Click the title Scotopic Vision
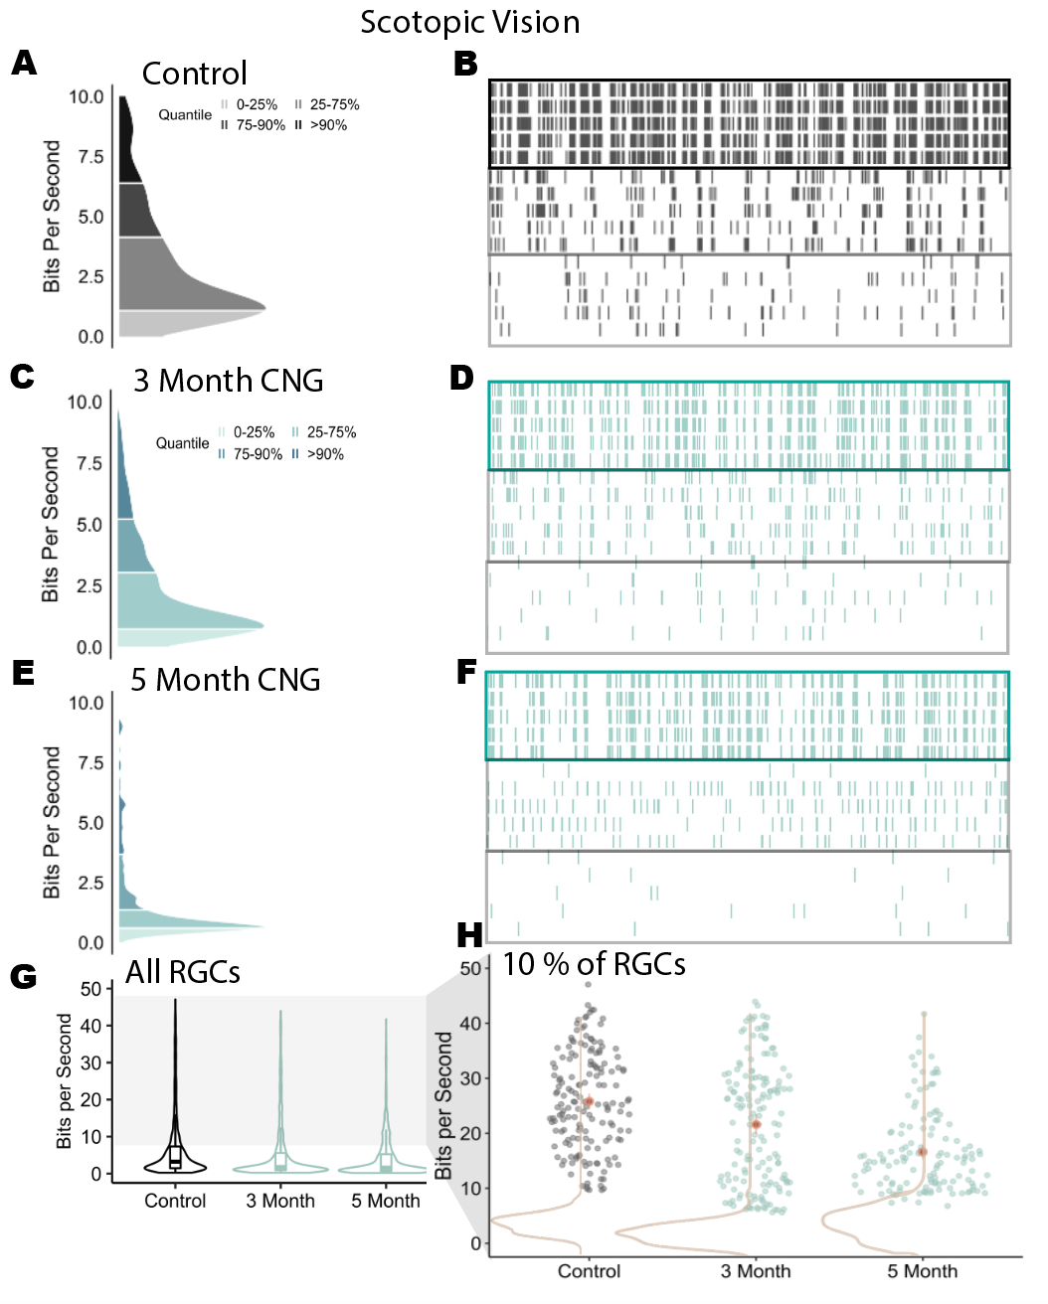(x=469, y=22)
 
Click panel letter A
(x=24, y=64)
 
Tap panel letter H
(x=469, y=935)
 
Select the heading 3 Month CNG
(x=228, y=381)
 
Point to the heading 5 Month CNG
(x=226, y=680)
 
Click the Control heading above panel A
(x=194, y=74)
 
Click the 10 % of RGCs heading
(x=594, y=964)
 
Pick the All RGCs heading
(x=183, y=972)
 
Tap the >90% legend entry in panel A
(x=327, y=125)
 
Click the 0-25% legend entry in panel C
(x=253, y=432)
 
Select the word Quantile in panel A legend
(x=185, y=115)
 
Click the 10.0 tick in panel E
(x=86, y=703)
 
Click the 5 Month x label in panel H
(x=922, y=1271)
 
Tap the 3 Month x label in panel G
(x=280, y=1201)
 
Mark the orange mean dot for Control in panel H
(x=589, y=1101)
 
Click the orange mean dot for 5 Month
(x=922, y=1152)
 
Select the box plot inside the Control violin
(x=175, y=1156)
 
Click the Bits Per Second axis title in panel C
(x=51, y=524)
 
